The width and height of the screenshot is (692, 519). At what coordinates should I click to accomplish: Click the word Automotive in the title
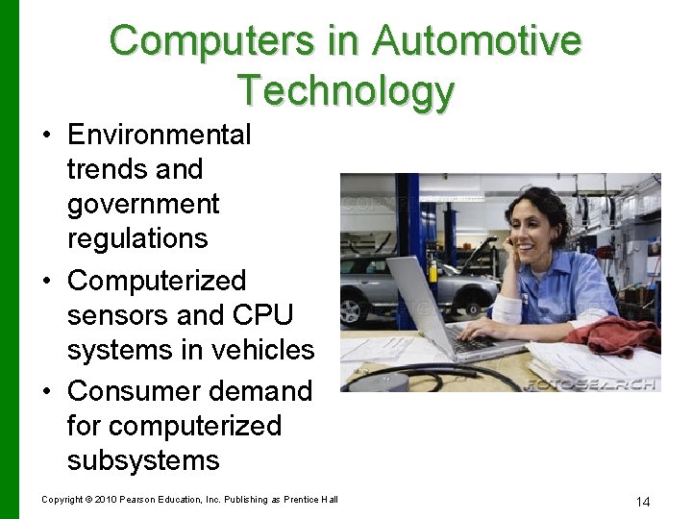[x=477, y=41]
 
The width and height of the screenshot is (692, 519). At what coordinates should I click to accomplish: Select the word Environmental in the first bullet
[x=159, y=135]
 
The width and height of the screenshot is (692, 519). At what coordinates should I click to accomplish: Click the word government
[x=143, y=204]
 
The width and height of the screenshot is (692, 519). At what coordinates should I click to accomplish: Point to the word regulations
[x=137, y=238]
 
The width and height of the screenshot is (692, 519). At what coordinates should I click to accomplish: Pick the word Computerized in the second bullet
[x=157, y=281]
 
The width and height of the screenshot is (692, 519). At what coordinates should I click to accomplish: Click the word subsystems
[x=143, y=460]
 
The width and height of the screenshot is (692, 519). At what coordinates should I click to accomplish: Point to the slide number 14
[x=643, y=502]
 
